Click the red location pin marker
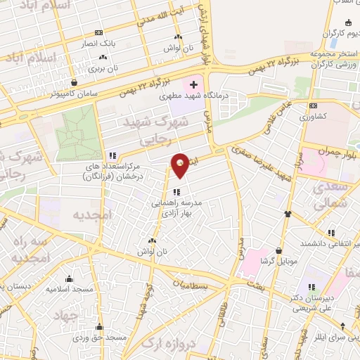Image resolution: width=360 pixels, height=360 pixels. pyautogui.click(x=181, y=165)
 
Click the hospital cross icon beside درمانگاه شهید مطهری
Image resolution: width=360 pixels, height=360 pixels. pyautogui.click(x=194, y=85)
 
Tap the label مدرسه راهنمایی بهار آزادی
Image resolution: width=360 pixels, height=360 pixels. pyautogui.click(x=176, y=207)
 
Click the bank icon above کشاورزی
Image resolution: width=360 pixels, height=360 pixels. pyautogui.click(x=313, y=106)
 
